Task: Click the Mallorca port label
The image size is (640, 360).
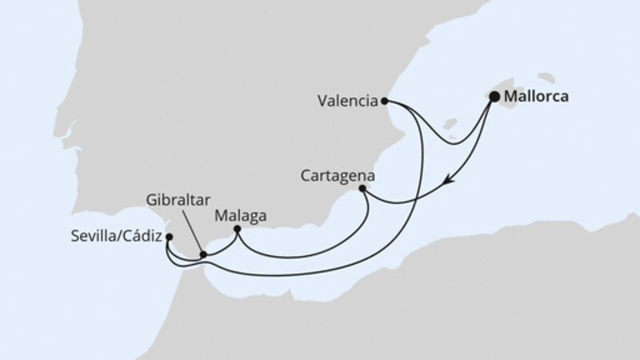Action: (x=538, y=98)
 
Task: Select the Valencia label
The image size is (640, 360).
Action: (x=347, y=101)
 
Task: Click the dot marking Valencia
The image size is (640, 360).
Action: (x=385, y=101)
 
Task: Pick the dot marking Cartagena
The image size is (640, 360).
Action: (x=362, y=189)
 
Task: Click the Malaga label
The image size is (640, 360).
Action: (x=241, y=214)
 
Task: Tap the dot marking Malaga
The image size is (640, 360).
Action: (x=238, y=230)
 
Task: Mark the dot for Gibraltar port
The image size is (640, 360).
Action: (x=203, y=254)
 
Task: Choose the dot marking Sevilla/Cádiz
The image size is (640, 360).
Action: (x=169, y=237)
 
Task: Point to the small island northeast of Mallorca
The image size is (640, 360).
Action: (x=547, y=79)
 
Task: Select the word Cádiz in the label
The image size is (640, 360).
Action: (x=145, y=237)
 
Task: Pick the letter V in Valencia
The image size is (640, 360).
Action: (x=322, y=101)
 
